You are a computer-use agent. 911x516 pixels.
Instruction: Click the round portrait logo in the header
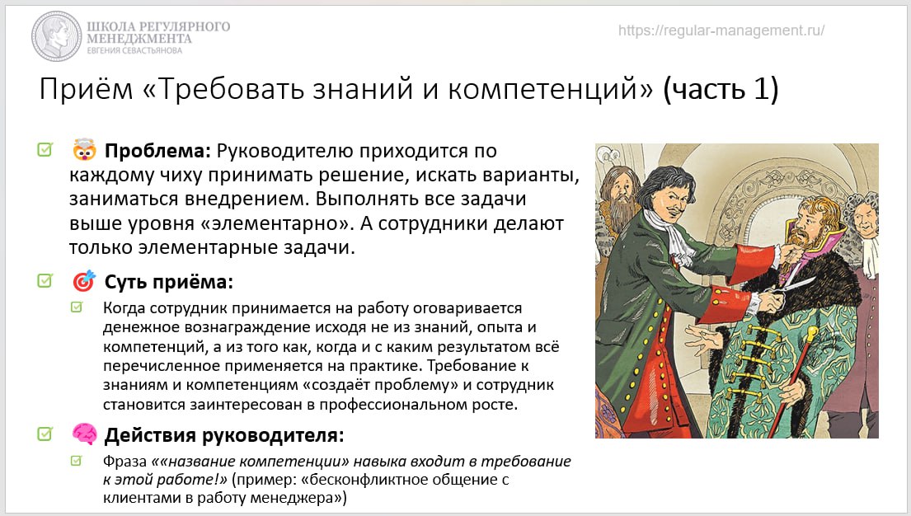[56, 36]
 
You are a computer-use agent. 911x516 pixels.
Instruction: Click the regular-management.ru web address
[721, 30]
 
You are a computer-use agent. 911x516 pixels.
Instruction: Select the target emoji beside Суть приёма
[84, 280]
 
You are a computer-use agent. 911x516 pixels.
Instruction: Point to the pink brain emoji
[84, 434]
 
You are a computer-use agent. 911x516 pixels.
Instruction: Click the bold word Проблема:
[157, 151]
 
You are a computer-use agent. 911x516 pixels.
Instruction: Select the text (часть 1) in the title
[721, 90]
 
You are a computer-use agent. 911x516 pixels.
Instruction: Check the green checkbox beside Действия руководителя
[45, 434]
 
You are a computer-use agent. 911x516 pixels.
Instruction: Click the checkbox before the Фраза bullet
[76, 460]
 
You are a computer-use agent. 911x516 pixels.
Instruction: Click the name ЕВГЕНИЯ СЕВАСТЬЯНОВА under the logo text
[134, 50]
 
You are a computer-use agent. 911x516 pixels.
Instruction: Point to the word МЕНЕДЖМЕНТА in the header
[139, 39]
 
